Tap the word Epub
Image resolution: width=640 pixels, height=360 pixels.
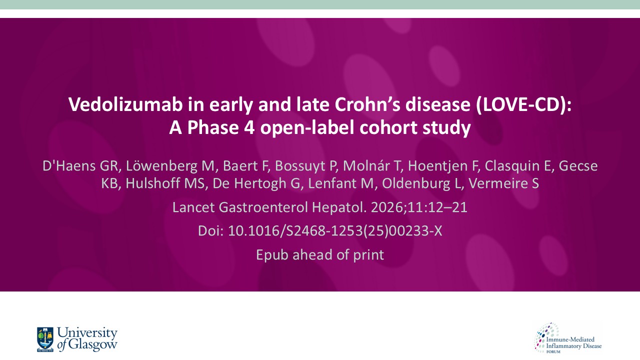pos(272,254)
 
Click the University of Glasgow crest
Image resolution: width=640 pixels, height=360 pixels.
pos(45,339)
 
